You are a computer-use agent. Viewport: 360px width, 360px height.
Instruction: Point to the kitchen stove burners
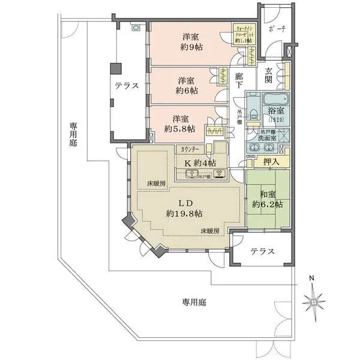220,175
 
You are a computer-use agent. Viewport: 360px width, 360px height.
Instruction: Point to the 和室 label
267,193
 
